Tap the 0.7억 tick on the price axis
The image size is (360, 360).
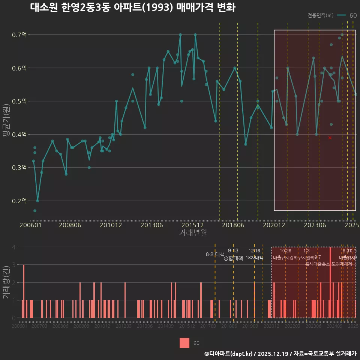pos(20,35)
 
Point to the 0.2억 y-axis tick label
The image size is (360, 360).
pos(20,201)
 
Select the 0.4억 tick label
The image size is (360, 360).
pos(20,134)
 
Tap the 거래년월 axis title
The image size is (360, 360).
pos(193,233)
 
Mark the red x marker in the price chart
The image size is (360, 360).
pos(330,138)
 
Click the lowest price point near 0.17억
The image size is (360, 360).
pos(35,211)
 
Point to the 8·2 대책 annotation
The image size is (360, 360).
pos(215,254)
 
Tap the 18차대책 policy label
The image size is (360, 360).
pos(254,258)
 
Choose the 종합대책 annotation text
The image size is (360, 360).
pos(233,258)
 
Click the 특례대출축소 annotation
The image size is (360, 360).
pos(317,264)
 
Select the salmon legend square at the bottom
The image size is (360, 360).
pos(184,343)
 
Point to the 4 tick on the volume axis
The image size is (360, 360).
pos(14,247)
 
